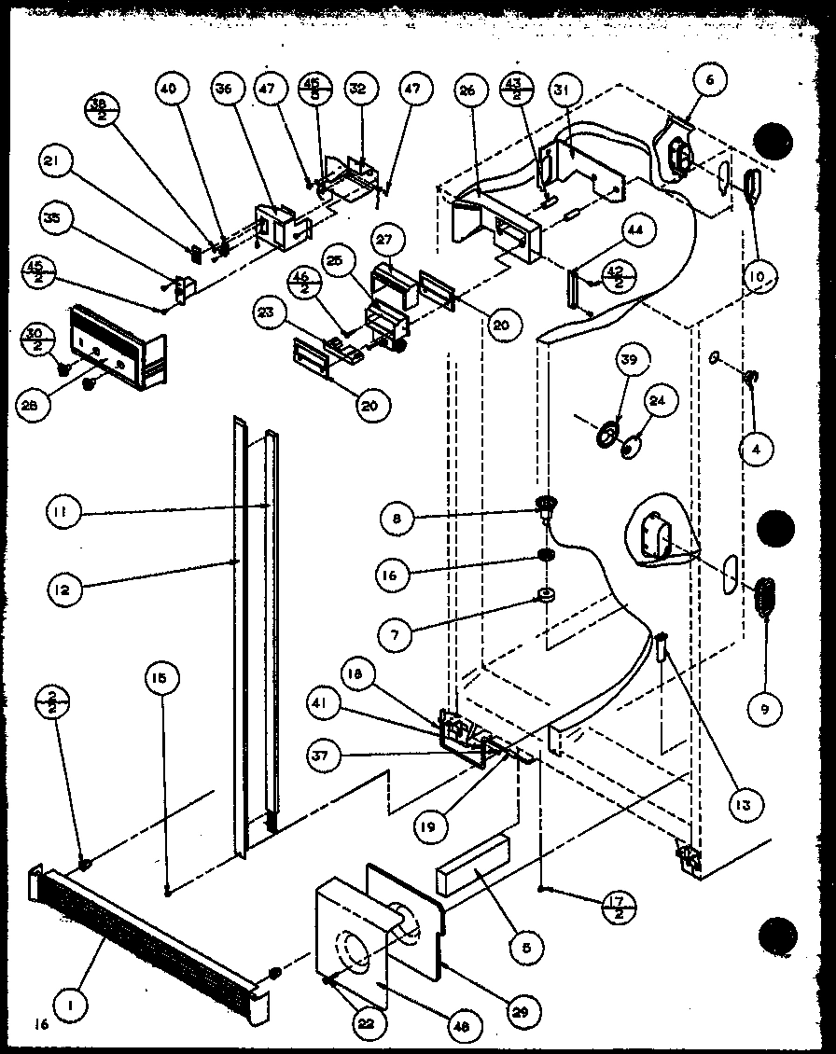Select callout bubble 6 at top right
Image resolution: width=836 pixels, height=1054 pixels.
point(709,81)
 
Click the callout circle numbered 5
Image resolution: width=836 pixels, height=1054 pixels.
point(527,949)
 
